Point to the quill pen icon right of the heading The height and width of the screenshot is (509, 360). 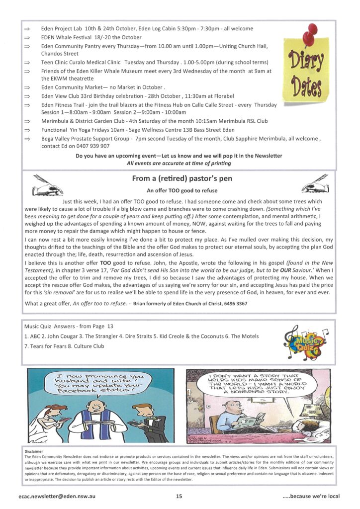click(x=315, y=184)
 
